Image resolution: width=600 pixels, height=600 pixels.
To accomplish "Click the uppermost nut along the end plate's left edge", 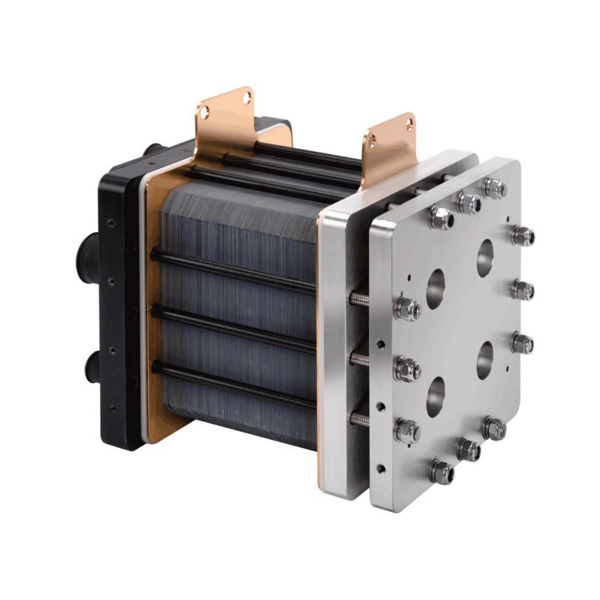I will pos(406,305).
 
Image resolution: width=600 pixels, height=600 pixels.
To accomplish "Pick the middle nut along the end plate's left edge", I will pos(406,366).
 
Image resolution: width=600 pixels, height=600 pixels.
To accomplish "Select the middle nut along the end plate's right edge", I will pos(524,288).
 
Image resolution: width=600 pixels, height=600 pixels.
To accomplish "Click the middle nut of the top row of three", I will pos(465,200).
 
